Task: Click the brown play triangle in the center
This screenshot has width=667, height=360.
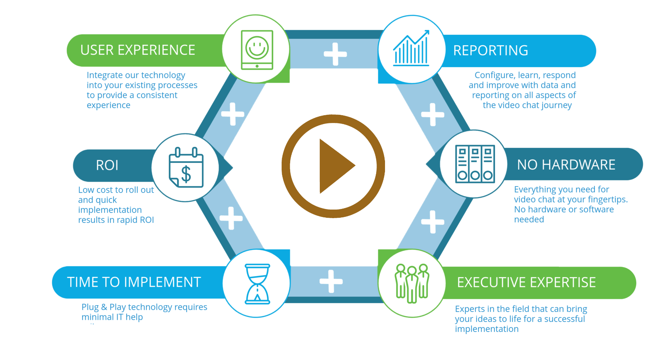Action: click(335, 166)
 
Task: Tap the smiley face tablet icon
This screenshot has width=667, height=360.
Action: click(257, 50)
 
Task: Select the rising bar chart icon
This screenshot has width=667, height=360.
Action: click(411, 49)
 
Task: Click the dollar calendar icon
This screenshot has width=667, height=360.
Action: click(186, 168)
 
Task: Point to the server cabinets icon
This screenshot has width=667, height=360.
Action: click(475, 164)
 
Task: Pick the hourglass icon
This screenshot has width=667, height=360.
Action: click(257, 284)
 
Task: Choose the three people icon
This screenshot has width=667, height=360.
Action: click(412, 283)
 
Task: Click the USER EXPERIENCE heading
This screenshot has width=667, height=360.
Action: click(137, 50)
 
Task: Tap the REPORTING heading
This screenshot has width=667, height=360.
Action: click(491, 51)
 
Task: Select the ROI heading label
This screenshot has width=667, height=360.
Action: click(107, 165)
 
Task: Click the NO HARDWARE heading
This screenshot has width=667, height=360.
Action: click(566, 165)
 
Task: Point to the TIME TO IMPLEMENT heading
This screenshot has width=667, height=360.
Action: click(134, 282)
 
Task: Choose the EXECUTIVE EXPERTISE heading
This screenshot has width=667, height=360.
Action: click(526, 283)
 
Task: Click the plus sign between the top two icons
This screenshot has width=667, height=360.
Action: click(335, 54)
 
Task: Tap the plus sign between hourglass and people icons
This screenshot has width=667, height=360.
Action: click(331, 281)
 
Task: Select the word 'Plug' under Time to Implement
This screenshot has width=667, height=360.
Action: click(90, 307)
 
